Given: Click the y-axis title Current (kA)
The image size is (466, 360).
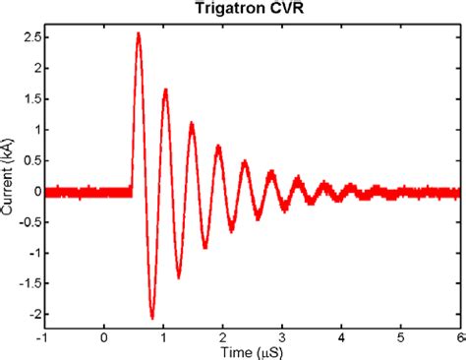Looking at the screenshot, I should [9, 177].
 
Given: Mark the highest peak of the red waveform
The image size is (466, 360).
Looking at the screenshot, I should [138, 33].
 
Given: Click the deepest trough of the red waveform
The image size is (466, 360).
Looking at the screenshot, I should [152, 318].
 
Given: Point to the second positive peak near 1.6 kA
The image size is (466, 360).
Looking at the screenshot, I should [165, 90].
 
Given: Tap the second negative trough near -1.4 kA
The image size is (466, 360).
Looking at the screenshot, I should [179, 276].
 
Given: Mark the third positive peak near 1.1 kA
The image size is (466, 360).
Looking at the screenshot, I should [192, 123].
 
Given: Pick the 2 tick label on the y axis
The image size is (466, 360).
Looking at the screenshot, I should [35, 69].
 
